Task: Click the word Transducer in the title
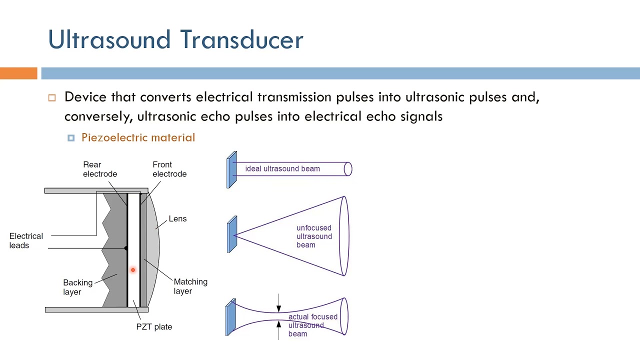(241, 39)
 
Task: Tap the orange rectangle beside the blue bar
(18, 73)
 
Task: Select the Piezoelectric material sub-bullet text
(138, 137)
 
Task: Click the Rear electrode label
(100, 169)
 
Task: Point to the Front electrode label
(169, 169)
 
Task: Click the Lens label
(177, 218)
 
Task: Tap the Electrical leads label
(26, 240)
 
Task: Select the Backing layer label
(77, 287)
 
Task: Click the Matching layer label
(190, 286)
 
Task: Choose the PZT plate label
(154, 326)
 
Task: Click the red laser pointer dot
(133, 270)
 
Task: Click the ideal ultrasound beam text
(282, 168)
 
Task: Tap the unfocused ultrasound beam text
(314, 236)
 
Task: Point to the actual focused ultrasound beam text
(312, 325)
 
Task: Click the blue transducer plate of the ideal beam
(231, 170)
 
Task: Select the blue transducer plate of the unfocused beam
(231, 234)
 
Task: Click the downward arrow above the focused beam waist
(278, 305)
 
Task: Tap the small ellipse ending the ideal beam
(348, 169)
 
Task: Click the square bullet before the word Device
(52, 98)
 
